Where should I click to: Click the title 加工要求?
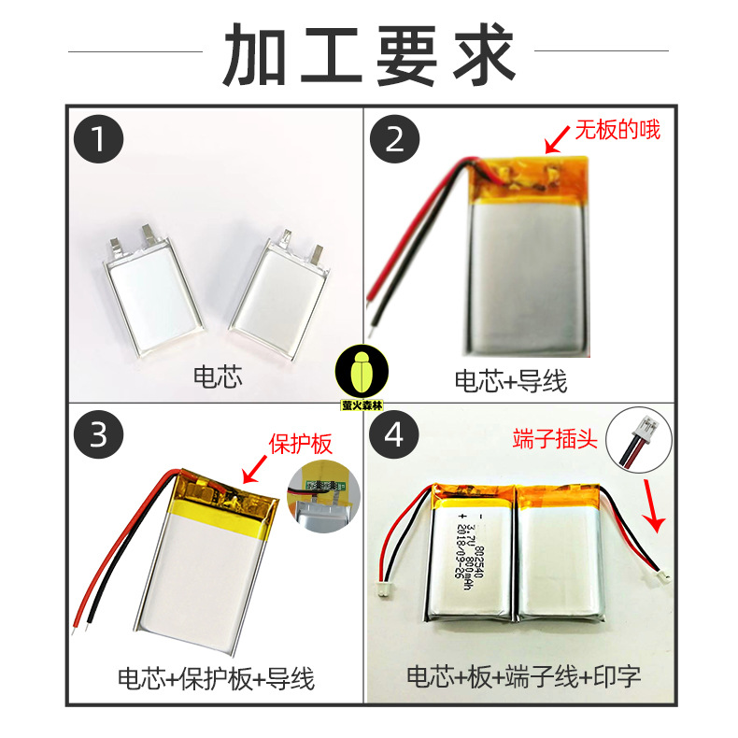click(x=369, y=53)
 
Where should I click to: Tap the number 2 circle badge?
click(x=394, y=141)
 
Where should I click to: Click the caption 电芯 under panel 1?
click(x=217, y=377)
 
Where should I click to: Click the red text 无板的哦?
click(x=617, y=130)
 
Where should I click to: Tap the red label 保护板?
click(x=301, y=445)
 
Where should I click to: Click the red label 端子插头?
click(x=551, y=437)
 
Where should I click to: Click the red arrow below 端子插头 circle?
click(x=655, y=508)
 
